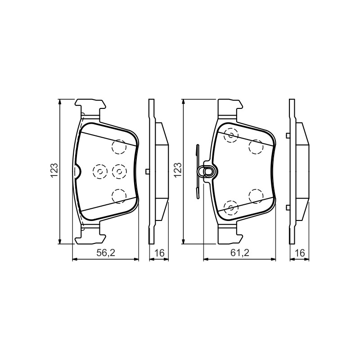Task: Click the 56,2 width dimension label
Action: coord(106,253)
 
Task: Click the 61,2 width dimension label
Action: coord(240,253)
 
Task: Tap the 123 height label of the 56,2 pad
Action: coord(54,171)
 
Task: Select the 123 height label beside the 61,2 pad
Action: coord(178,170)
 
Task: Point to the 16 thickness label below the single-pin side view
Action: coord(159,253)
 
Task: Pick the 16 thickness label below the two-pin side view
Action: coord(300,253)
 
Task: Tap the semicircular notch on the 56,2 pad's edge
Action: coord(77,171)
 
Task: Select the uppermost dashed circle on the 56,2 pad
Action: coord(119,147)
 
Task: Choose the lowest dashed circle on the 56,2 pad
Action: coord(119,196)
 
